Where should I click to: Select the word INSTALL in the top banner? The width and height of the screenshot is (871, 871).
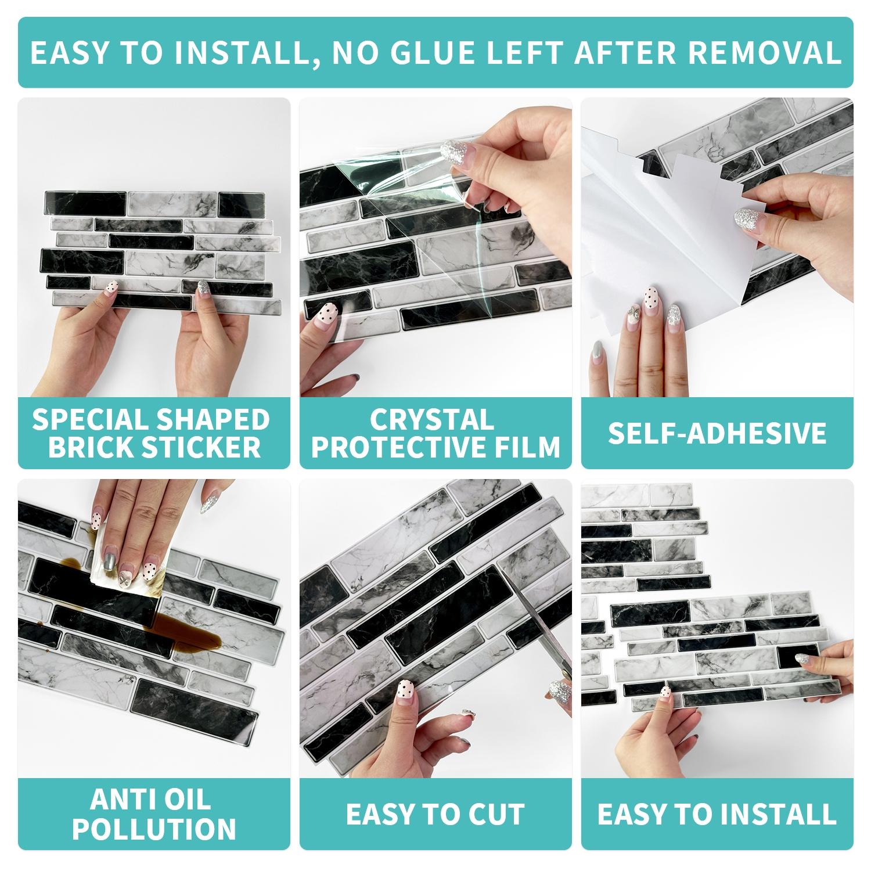coord(232,52)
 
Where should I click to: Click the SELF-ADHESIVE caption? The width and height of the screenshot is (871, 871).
coord(717,433)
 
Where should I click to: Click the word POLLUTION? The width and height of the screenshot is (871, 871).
coord(154,829)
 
